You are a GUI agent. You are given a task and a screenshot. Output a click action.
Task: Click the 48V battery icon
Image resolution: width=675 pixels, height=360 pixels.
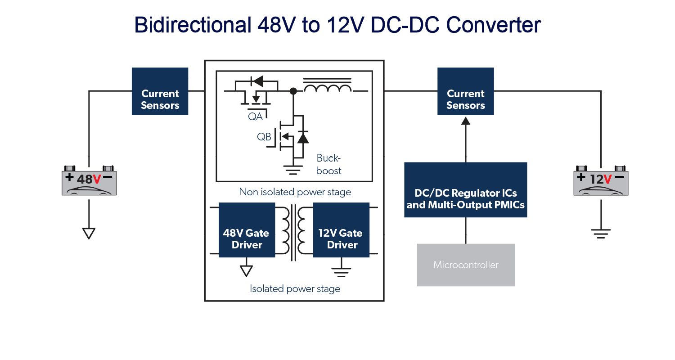click(x=89, y=181)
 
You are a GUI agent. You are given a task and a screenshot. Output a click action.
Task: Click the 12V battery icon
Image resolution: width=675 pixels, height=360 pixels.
click(x=601, y=181)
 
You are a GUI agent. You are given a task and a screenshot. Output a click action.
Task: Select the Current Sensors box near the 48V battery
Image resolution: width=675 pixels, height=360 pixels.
click(x=160, y=91)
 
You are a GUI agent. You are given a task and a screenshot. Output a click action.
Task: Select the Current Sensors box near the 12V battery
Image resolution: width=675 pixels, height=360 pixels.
click(x=466, y=91)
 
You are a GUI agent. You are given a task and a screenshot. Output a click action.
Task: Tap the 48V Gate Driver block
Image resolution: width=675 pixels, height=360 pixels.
click(x=247, y=230)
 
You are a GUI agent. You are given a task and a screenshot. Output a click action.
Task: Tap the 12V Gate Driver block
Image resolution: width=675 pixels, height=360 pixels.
click(x=341, y=230)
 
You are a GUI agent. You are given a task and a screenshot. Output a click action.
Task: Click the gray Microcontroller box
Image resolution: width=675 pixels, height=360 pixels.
click(x=466, y=265)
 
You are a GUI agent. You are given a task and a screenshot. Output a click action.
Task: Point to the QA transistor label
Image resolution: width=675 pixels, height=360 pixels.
click(x=255, y=116)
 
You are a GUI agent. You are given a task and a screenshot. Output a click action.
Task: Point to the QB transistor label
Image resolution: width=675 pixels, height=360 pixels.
click(x=264, y=137)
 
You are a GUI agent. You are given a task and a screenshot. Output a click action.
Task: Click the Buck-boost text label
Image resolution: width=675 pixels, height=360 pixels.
click(x=329, y=164)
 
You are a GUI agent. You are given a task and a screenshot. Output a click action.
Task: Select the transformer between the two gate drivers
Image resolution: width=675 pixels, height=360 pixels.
click(x=294, y=232)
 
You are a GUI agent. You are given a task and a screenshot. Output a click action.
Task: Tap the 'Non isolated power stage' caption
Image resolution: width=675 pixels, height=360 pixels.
click(x=295, y=192)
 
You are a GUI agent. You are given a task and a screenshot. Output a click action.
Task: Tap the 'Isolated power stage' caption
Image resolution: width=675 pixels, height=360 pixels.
click(x=295, y=288)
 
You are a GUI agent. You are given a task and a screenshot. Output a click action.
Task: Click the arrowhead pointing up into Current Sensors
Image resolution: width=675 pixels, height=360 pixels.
click(x=466, y=121)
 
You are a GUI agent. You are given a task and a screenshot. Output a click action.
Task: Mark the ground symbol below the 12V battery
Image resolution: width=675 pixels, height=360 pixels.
click(x=601, y=233)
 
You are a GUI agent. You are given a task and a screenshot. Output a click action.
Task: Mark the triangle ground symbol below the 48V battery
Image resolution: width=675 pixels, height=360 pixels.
click(x=89, y=233)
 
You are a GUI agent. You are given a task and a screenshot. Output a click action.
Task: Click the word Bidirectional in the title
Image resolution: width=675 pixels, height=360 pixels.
click(x=191, y=25)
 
